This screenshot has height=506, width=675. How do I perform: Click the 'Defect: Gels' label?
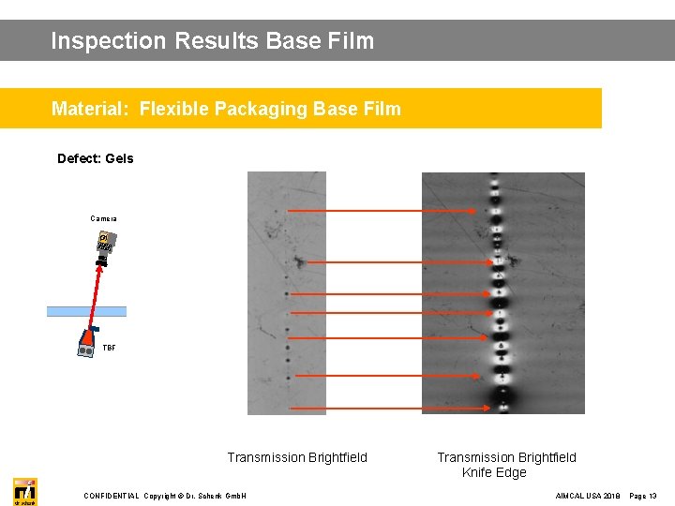click(x=95, y=158)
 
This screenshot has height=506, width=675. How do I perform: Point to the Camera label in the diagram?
click(x=103, y=218)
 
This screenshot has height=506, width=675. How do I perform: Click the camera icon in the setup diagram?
click(x=102, y=246)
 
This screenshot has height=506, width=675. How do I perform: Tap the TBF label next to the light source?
click(x=110, y=348)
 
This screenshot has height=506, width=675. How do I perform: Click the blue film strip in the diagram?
click(x=86, y=311)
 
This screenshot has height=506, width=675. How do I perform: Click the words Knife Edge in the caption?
click(x=494, y=472)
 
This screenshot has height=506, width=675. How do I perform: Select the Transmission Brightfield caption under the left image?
click(x=297, y=457)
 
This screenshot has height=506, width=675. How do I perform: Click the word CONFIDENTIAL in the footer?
click(x=111, y=496)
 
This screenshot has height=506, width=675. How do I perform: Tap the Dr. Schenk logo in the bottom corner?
click(x=25, y=491)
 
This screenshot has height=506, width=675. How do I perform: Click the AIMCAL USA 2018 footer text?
click(x=587, y=496)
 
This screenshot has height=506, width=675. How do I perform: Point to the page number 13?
click(x=652, y=496)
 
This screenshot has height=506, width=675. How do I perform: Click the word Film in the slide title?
click(x=353, y=41)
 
